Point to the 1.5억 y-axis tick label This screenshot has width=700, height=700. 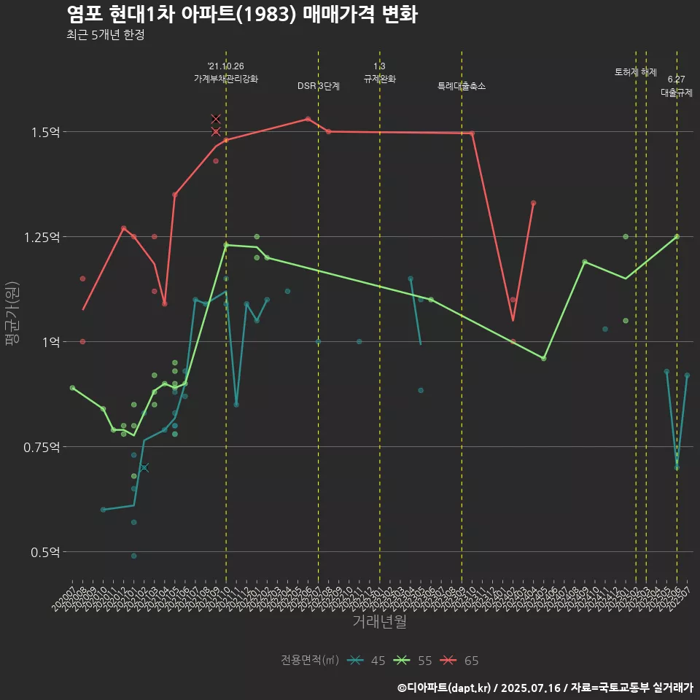46,132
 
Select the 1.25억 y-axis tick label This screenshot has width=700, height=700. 43,237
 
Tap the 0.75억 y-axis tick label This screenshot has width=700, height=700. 43,447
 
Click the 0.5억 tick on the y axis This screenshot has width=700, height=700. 46,552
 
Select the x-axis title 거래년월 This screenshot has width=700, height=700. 379,621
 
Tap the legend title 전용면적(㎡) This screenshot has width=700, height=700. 310,661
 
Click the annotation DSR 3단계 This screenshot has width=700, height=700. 319,86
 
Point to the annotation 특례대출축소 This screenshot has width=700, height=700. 462,86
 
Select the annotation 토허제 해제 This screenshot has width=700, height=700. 636,72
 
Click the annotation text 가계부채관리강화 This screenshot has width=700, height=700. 226,78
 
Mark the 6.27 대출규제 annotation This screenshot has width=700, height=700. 677,86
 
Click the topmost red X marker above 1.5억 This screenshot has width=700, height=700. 216,119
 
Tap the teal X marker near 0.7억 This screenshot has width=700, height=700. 144,468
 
